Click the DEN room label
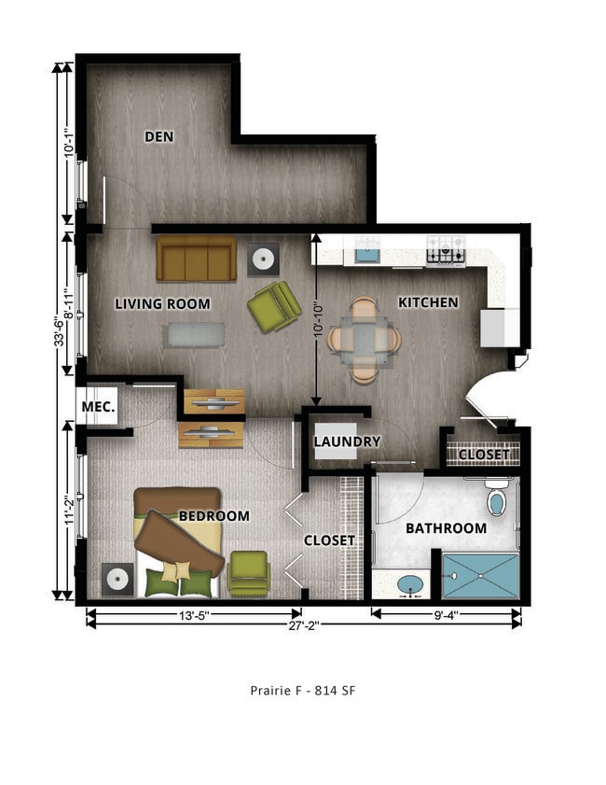coord(159,136)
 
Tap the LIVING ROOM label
coord(162,303)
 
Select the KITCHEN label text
coord(428,302)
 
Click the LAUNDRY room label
coord(347,442)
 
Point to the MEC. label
coord(98,408)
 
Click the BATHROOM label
coord(446,528)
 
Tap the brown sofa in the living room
coord(196,259)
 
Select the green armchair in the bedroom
coord(248,573)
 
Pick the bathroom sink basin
coord(408,584)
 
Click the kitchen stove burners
coord(446,248)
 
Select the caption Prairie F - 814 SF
coord(303,691)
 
